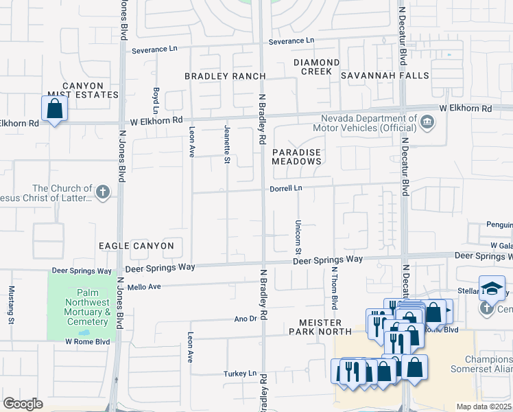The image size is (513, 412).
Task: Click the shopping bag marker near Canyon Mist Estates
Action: pos(55,109)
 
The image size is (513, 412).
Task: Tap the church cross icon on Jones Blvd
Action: pos(103,192)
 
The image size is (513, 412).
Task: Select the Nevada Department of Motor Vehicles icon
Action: pos(427,123)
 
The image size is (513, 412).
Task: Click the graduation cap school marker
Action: pos(492,288)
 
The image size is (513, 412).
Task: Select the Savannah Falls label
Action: pos(392,76)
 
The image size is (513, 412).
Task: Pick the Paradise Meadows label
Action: pos(296,156)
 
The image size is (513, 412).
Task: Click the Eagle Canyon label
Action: pos(136,245)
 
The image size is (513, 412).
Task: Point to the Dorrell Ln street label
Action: pos(285,187)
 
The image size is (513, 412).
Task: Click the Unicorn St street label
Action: pos(298,236)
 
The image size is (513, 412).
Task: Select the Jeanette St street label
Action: pos(227,144)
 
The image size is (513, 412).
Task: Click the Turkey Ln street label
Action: pos(239,374)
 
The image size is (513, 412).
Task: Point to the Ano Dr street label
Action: pos(245,319)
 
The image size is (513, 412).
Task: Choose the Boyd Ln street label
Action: pos(156,101)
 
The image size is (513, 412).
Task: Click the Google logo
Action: pos(23,404)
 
